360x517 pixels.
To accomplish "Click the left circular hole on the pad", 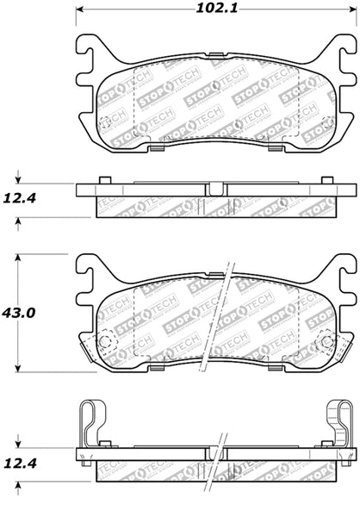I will tap(107, 341).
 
